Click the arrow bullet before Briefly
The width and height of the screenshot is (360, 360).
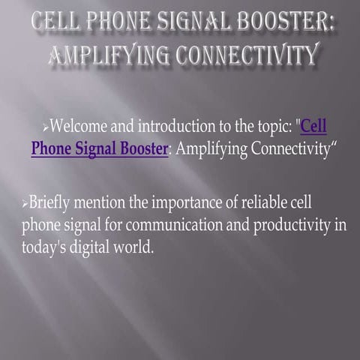[25, 204]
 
